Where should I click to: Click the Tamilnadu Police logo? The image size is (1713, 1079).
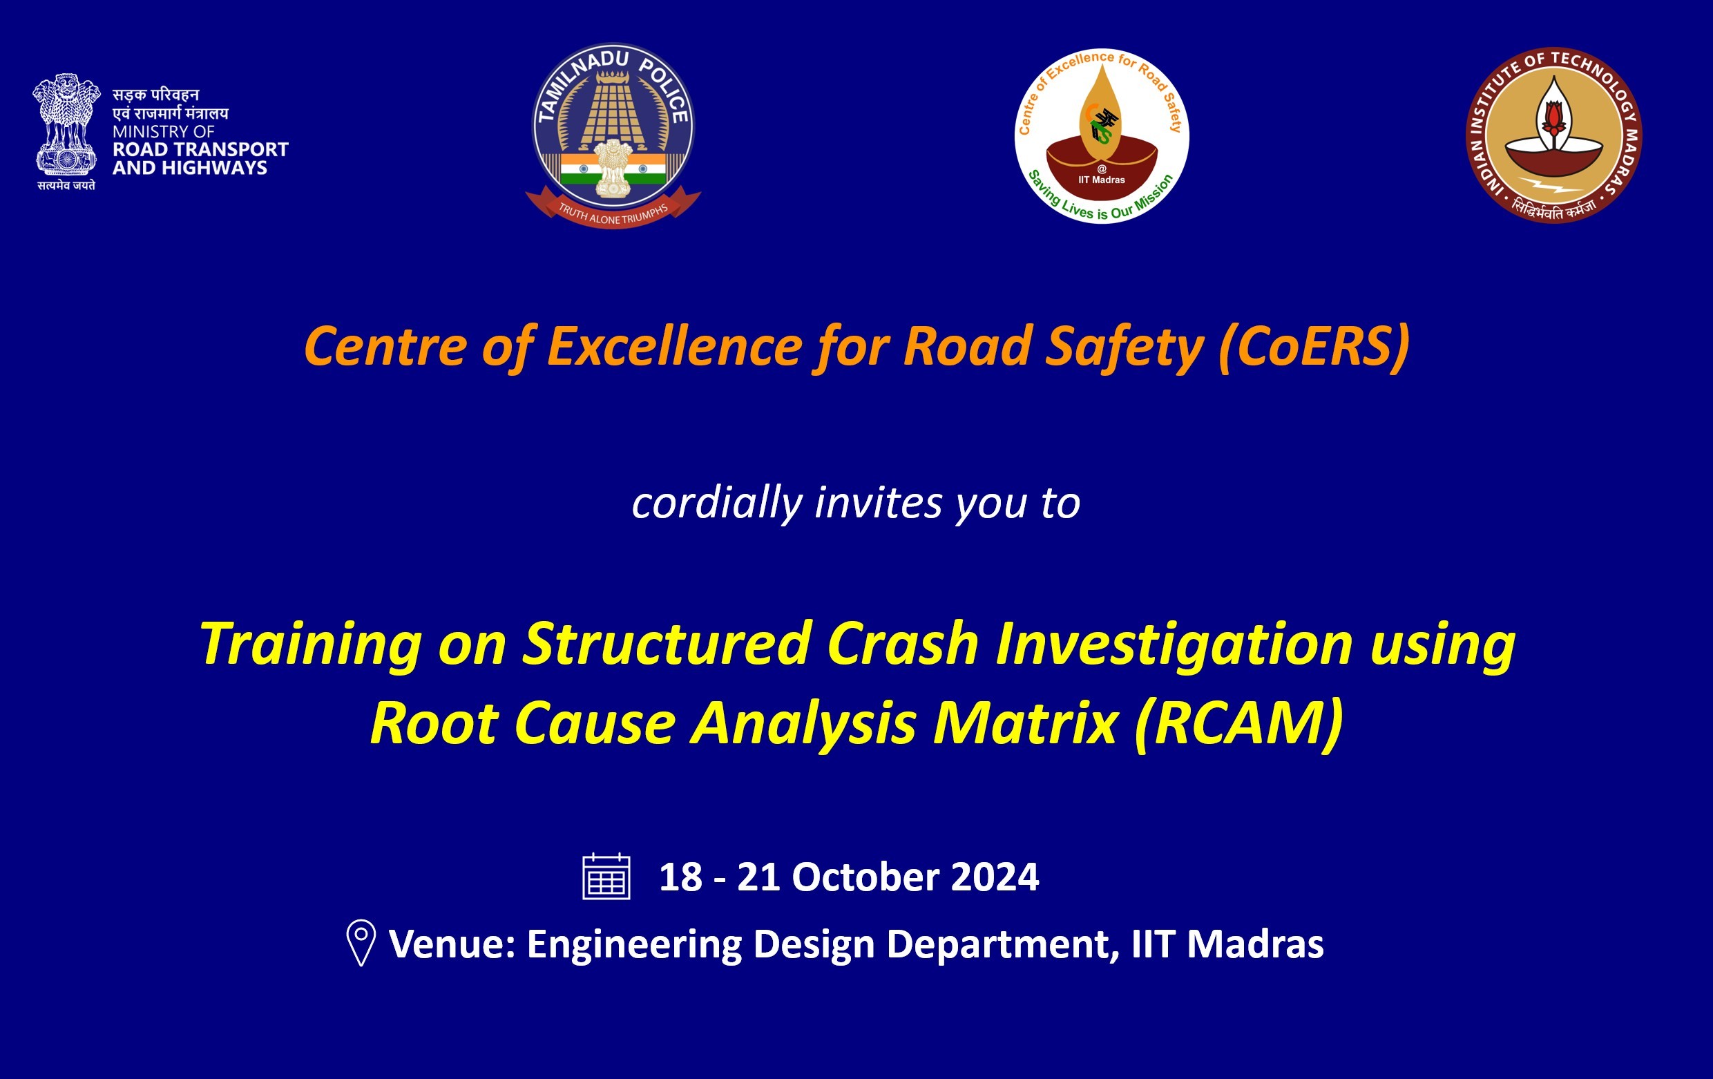click(613, 135)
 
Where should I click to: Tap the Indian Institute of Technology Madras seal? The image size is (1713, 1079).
click(1554, 135)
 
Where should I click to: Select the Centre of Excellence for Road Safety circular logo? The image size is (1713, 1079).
click(1101, 136)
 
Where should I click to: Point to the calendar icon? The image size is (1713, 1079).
click(606, 877)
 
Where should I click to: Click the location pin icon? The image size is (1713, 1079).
click(361, 942)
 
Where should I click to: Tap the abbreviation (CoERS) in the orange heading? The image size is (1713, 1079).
click(1314, 346)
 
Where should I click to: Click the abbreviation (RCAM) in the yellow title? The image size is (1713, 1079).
click(1239, 723)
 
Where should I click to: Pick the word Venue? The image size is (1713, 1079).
click(452, 944)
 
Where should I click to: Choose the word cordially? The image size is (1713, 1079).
click(717, 503)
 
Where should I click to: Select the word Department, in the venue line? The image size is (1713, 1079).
click(1003, 945)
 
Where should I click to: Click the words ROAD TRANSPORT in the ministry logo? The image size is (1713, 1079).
click(200, 149)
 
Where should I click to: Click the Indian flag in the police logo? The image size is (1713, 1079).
click(613, 169)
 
